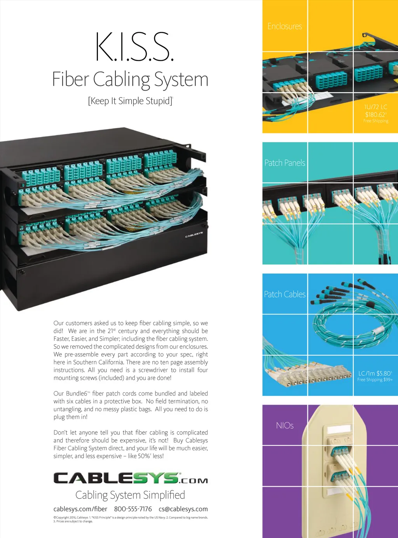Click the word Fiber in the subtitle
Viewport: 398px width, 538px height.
[x=70, y=79]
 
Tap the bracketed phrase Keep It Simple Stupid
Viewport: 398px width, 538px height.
[x=130, y=101]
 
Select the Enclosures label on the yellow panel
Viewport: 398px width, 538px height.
[x=285, y=26]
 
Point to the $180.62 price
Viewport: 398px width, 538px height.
[x=375, y=114]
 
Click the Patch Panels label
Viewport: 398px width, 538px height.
[x=285, y=163]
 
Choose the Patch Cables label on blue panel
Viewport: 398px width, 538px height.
[x=285, y=294]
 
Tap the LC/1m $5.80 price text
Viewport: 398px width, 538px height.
[x=375, y=373]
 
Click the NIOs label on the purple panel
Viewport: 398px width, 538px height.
[x=285, y=426]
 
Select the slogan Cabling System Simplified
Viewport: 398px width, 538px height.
[x=130, y=495]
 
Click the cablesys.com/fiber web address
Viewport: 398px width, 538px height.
[x=80, y=509]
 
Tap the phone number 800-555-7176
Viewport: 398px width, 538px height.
[x=133, y=509]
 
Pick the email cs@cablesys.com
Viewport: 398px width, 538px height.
[x=183, y=509]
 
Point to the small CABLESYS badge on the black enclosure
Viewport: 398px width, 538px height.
[x=194, y=235]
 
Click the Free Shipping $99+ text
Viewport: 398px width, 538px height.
[x=375, y=380]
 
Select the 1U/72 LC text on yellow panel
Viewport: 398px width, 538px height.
[x=375, y=107]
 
